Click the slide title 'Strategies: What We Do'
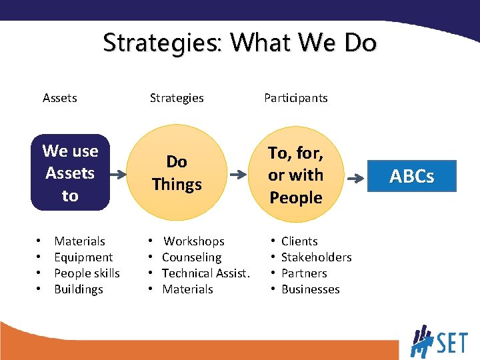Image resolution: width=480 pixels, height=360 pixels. click(239, 43)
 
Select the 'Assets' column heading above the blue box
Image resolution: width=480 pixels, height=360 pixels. click(59, 98)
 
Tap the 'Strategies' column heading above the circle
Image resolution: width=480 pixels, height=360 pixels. click(177, 98)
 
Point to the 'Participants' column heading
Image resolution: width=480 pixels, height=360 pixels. click(295, 98)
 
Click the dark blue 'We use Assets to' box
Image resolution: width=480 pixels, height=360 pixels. click(70, 173)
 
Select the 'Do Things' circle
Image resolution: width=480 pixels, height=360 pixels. click(177, 173)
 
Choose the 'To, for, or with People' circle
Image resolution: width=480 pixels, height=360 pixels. click(295, 175)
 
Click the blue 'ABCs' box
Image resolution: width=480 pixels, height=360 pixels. click(411, 176)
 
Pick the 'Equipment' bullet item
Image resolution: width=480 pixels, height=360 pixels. click(83, 257)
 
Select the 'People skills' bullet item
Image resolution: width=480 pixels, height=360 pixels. click(87, 273)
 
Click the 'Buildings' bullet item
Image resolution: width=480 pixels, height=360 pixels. click(78, 289)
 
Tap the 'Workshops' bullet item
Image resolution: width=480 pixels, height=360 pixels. click(194, 241)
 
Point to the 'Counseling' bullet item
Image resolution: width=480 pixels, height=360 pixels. click(191, 257)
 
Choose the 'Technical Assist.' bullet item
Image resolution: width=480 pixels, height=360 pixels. click(205, 273)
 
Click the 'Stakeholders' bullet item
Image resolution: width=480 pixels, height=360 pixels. click(316, 257)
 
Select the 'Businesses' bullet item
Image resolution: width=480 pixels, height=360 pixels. click(310, 289)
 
